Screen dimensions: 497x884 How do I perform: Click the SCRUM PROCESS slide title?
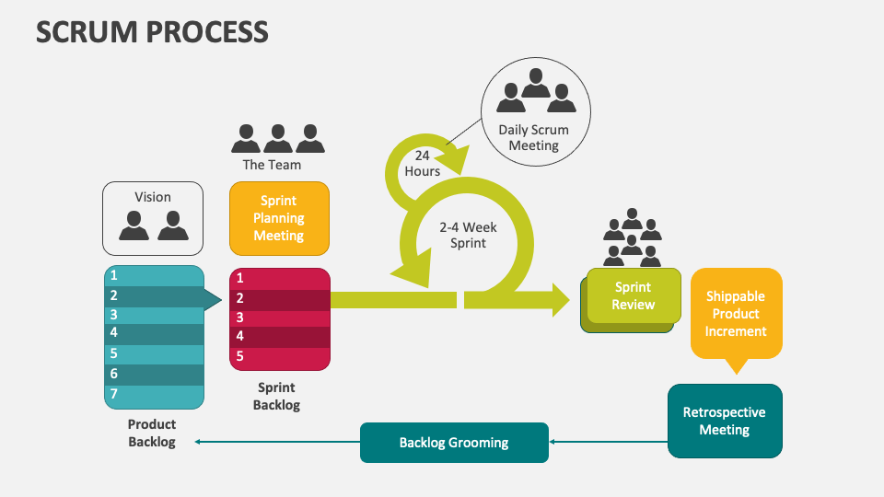[152, 31]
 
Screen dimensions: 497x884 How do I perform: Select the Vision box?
[153, 218]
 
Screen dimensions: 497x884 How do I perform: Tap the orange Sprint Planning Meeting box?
[279, 218]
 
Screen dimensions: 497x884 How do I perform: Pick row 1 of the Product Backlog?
[153, 275]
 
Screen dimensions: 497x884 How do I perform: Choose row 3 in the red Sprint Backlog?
[279, 318]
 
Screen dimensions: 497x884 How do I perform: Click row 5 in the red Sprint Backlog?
[279, 356]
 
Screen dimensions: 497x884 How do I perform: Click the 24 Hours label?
[423, 164]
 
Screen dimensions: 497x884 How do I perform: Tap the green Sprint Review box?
[634, 295]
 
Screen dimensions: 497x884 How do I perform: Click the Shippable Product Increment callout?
[736, 314]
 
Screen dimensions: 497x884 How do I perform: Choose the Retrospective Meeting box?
[724, 421]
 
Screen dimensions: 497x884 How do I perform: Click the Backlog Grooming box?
[454, 443]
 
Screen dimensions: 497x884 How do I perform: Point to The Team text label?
[272, 165]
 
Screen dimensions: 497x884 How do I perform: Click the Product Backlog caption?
[152, 433]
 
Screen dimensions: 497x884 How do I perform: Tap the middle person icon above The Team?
[278, 138]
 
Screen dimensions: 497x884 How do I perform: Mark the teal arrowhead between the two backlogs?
[212, 299]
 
